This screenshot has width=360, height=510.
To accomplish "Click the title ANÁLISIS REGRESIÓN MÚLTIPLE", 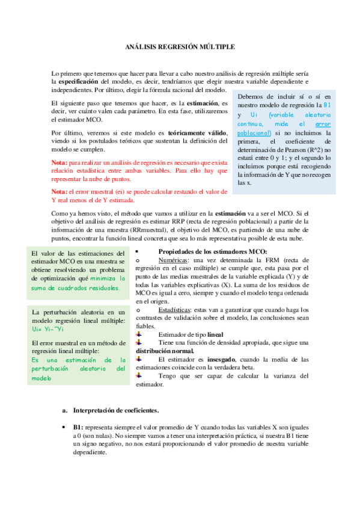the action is coord(180,46).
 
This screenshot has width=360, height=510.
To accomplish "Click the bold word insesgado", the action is coord(224,359).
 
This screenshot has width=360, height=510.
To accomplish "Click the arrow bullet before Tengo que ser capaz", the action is coord(139,375).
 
